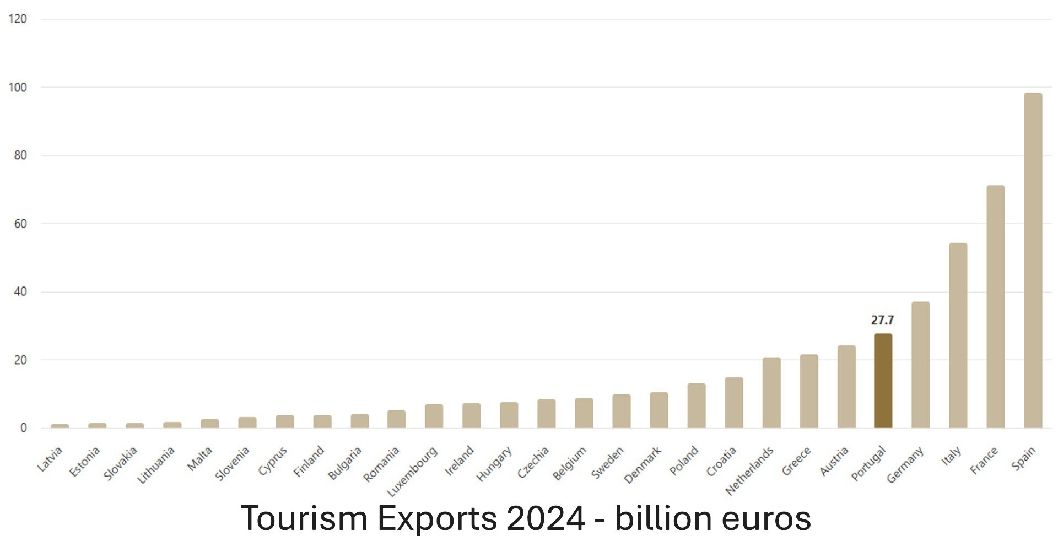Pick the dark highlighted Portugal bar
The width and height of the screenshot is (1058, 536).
click(x=883, y=381)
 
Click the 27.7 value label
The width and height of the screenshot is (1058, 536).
click(x=882, y=320)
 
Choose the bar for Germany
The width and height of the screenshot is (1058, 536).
click(x=920, y=365)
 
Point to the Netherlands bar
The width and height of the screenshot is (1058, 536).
click(x=771, y=393)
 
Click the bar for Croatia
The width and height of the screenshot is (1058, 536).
click(x=733, y=403)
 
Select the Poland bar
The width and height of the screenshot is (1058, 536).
click(x=696, y=405)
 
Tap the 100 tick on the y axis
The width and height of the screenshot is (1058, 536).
click(x=18, y=88)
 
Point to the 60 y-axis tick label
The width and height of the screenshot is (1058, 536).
click(x=20, y=224)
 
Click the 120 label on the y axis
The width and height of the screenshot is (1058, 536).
click(x=18, y=19)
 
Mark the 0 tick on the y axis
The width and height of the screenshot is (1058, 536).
click(x=23, y=428)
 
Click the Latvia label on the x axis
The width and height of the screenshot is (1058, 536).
click(x=50, y=459)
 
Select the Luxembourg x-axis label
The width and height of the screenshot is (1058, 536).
click(x=412, y=472)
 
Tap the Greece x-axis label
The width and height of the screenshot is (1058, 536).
click(x=796, y=461)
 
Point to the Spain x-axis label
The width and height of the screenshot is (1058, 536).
click(x=1023, y=459)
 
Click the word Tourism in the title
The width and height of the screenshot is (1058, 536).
click(x=304, y=518)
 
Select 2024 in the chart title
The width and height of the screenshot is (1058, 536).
click(x=545, y=518)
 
